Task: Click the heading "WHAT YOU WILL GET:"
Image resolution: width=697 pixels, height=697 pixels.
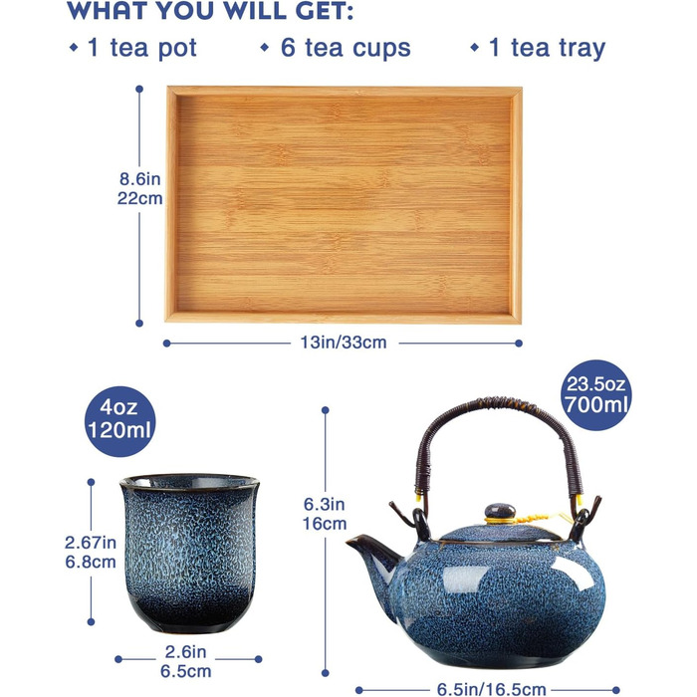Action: (x=210, y=11)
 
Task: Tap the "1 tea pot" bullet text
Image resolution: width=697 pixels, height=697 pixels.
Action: (x=142, y=48)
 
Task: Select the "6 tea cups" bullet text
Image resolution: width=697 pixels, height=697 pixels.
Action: (x=346, y=48)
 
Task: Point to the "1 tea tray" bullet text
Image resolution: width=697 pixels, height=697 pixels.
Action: (x=547, y=48)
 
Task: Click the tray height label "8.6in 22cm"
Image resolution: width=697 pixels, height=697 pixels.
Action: (x=139, y=188)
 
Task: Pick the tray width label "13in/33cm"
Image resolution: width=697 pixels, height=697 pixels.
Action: (x=344, y=343)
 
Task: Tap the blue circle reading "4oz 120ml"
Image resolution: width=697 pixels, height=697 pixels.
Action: (x=120, y=421)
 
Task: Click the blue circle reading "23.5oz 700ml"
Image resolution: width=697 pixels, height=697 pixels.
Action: (x=595, y=394)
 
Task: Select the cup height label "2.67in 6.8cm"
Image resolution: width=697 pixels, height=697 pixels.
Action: (x=91, y=552)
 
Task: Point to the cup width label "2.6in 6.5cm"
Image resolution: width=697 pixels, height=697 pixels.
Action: (x=186, y=661)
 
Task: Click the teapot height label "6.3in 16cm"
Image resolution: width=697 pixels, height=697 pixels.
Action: (x=325, y=514)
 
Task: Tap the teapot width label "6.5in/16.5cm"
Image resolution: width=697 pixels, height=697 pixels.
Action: (x=491, y=689)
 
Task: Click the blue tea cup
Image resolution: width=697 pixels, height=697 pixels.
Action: (x=190, y=553)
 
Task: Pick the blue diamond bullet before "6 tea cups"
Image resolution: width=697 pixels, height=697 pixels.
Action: (x=265, y=47)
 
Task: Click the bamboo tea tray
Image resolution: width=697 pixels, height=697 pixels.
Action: (x=344, y=204)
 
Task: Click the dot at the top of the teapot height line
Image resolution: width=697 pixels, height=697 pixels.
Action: (x=325, y=410)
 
